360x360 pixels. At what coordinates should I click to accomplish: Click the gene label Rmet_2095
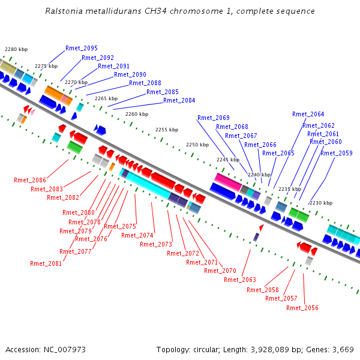(82, 48)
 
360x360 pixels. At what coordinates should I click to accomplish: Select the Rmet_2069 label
(214, 118)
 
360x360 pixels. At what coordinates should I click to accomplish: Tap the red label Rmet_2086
(30, 180)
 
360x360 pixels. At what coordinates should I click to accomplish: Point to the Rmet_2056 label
(302, 308)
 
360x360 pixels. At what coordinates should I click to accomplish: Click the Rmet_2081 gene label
(46, 263)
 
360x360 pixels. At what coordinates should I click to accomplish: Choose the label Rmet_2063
(240, 280)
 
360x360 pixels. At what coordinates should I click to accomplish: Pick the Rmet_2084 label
(179, 100)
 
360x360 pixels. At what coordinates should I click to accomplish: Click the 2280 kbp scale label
(16, 49)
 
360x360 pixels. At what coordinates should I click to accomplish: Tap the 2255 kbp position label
(167, 130)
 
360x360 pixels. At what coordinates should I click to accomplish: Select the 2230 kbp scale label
(321, 203)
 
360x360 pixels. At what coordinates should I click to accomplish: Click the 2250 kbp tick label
(197, 145)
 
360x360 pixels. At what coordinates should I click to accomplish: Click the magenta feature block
(228, 182)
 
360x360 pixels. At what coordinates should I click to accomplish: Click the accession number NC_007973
(65, 350)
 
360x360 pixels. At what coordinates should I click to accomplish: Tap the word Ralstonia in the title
(64, 11)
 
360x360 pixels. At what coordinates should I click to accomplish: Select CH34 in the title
(155, 11)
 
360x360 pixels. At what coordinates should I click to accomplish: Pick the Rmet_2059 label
(337, 153)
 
